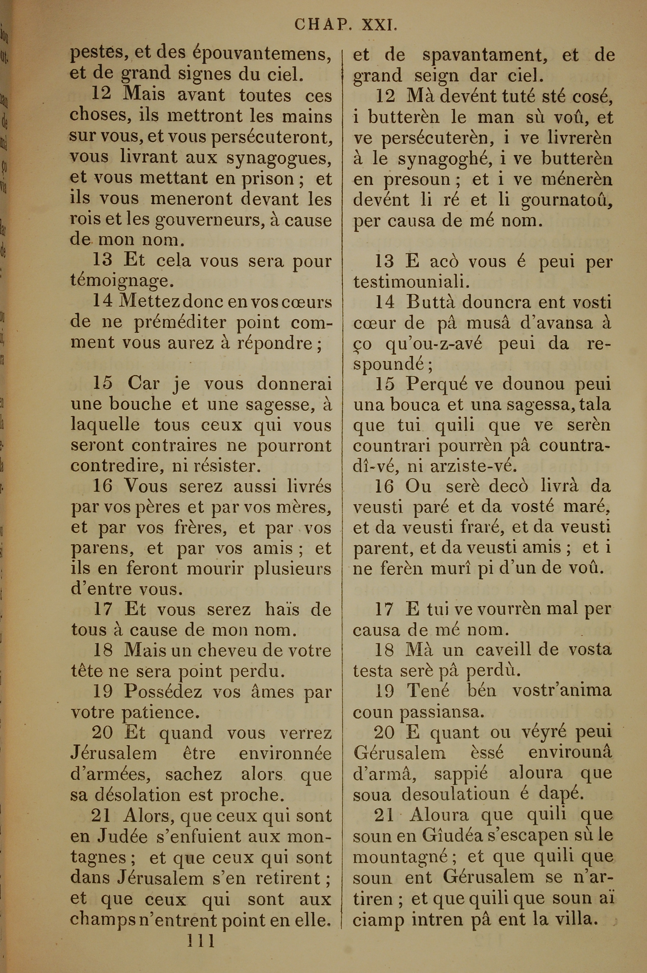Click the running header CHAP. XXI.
click(x=346, y=26)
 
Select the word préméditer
click(x=180, y=322)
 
